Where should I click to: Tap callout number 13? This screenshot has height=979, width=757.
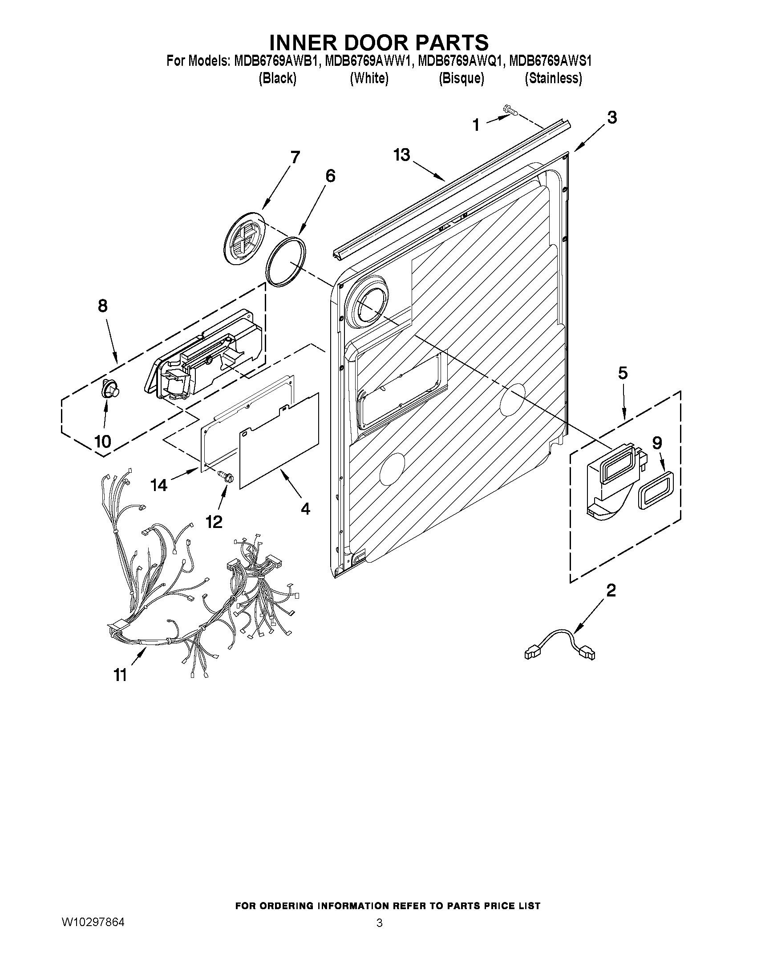click(x=402, y=156)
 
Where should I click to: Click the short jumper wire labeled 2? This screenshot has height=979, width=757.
click(x=561, y=646)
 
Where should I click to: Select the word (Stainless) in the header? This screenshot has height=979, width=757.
click(x=554, y=79)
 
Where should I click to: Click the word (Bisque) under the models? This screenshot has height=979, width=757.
click(x=461, y=79)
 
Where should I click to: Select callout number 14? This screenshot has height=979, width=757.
click(x=159, y=484)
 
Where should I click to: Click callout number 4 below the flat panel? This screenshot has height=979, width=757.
click(x=305, y=508)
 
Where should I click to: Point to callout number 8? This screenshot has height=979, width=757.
click(x=102, y=306)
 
